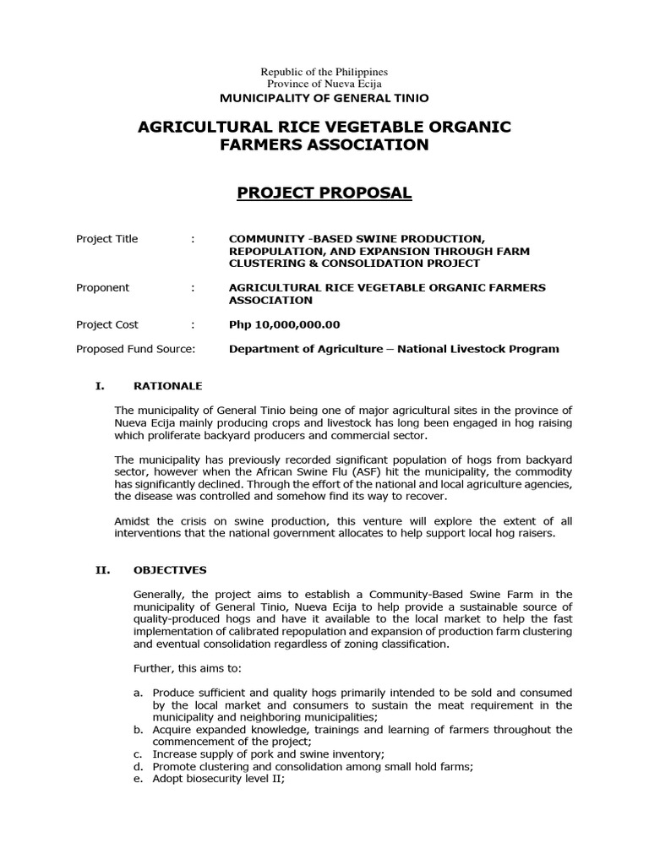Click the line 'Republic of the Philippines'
324,73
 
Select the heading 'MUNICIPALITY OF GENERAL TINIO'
324,98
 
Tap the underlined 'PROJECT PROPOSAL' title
324,193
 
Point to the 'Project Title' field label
106,239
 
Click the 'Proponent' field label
102,288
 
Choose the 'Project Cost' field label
106,325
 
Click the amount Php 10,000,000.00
284,325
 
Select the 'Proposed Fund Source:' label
135,350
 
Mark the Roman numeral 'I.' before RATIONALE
99,386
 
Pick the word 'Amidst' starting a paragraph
131,521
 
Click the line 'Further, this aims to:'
187,669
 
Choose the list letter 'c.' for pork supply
140,754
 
